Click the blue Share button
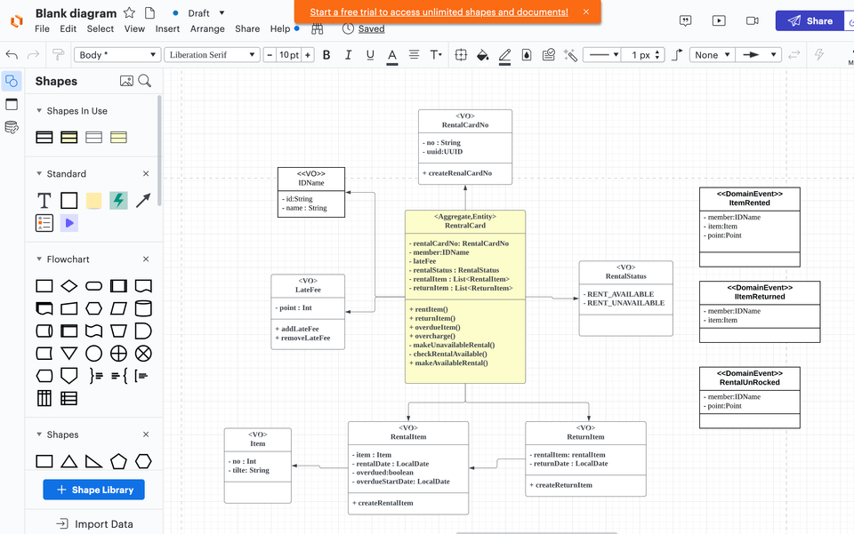[810, 20]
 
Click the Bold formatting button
[326, 55]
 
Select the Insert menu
[167, 28]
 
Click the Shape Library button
[93, 490]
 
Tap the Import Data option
[94, 524]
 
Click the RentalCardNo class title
[465, 125]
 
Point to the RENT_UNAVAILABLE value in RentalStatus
[627, 303]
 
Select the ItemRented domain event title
[749, 203]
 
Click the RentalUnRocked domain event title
[749, 382]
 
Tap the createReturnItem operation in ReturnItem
[563, 485]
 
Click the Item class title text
[258, 443]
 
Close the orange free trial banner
[585, 12]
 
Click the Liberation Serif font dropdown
[212, 55]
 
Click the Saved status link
[371, 28]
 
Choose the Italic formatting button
[349, 55]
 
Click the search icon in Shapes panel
[145, 81]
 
